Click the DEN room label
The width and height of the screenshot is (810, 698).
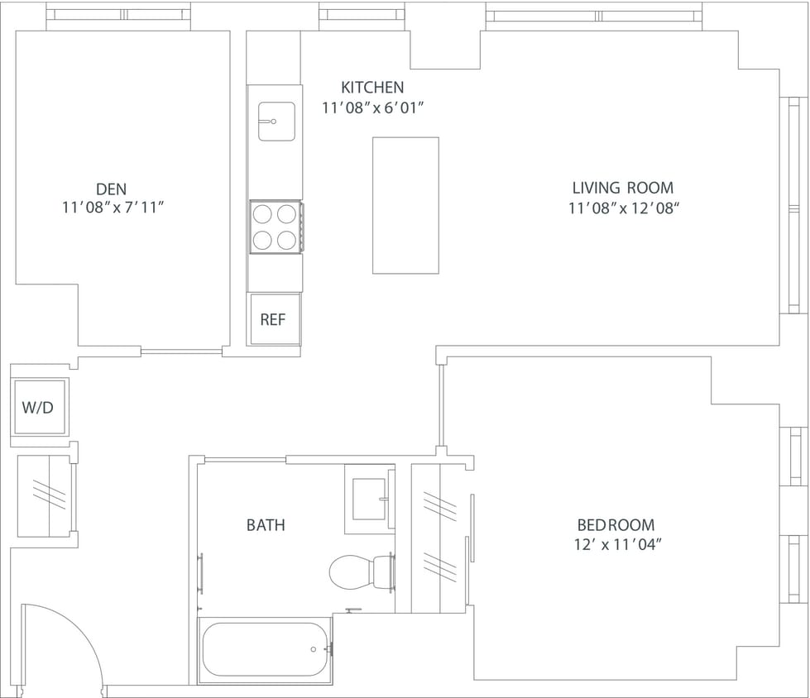click(111, 189)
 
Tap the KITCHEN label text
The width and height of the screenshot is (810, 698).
click(372, 87)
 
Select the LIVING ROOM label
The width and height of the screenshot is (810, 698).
click(623, 188)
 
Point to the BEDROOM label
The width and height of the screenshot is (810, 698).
click(616, 524)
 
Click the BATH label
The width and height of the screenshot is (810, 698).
click(266, 524)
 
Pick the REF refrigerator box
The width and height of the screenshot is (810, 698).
click(274, 319)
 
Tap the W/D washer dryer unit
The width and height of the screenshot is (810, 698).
click(39, 407)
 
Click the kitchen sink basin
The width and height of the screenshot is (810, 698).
click(276, 121)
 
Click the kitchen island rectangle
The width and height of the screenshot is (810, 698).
click(405, 205)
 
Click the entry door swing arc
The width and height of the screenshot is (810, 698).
click(70, 637)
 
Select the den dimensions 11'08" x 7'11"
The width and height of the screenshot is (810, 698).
click(111, 208)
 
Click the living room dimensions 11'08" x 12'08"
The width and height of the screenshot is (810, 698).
click(623, 208)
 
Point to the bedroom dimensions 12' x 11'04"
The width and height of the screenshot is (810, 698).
click(616, 544)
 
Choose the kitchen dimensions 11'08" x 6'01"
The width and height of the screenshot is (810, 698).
click(372, 108)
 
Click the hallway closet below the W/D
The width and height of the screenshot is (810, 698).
click(46, 495)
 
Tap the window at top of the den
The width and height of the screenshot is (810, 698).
click(118, 15)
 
